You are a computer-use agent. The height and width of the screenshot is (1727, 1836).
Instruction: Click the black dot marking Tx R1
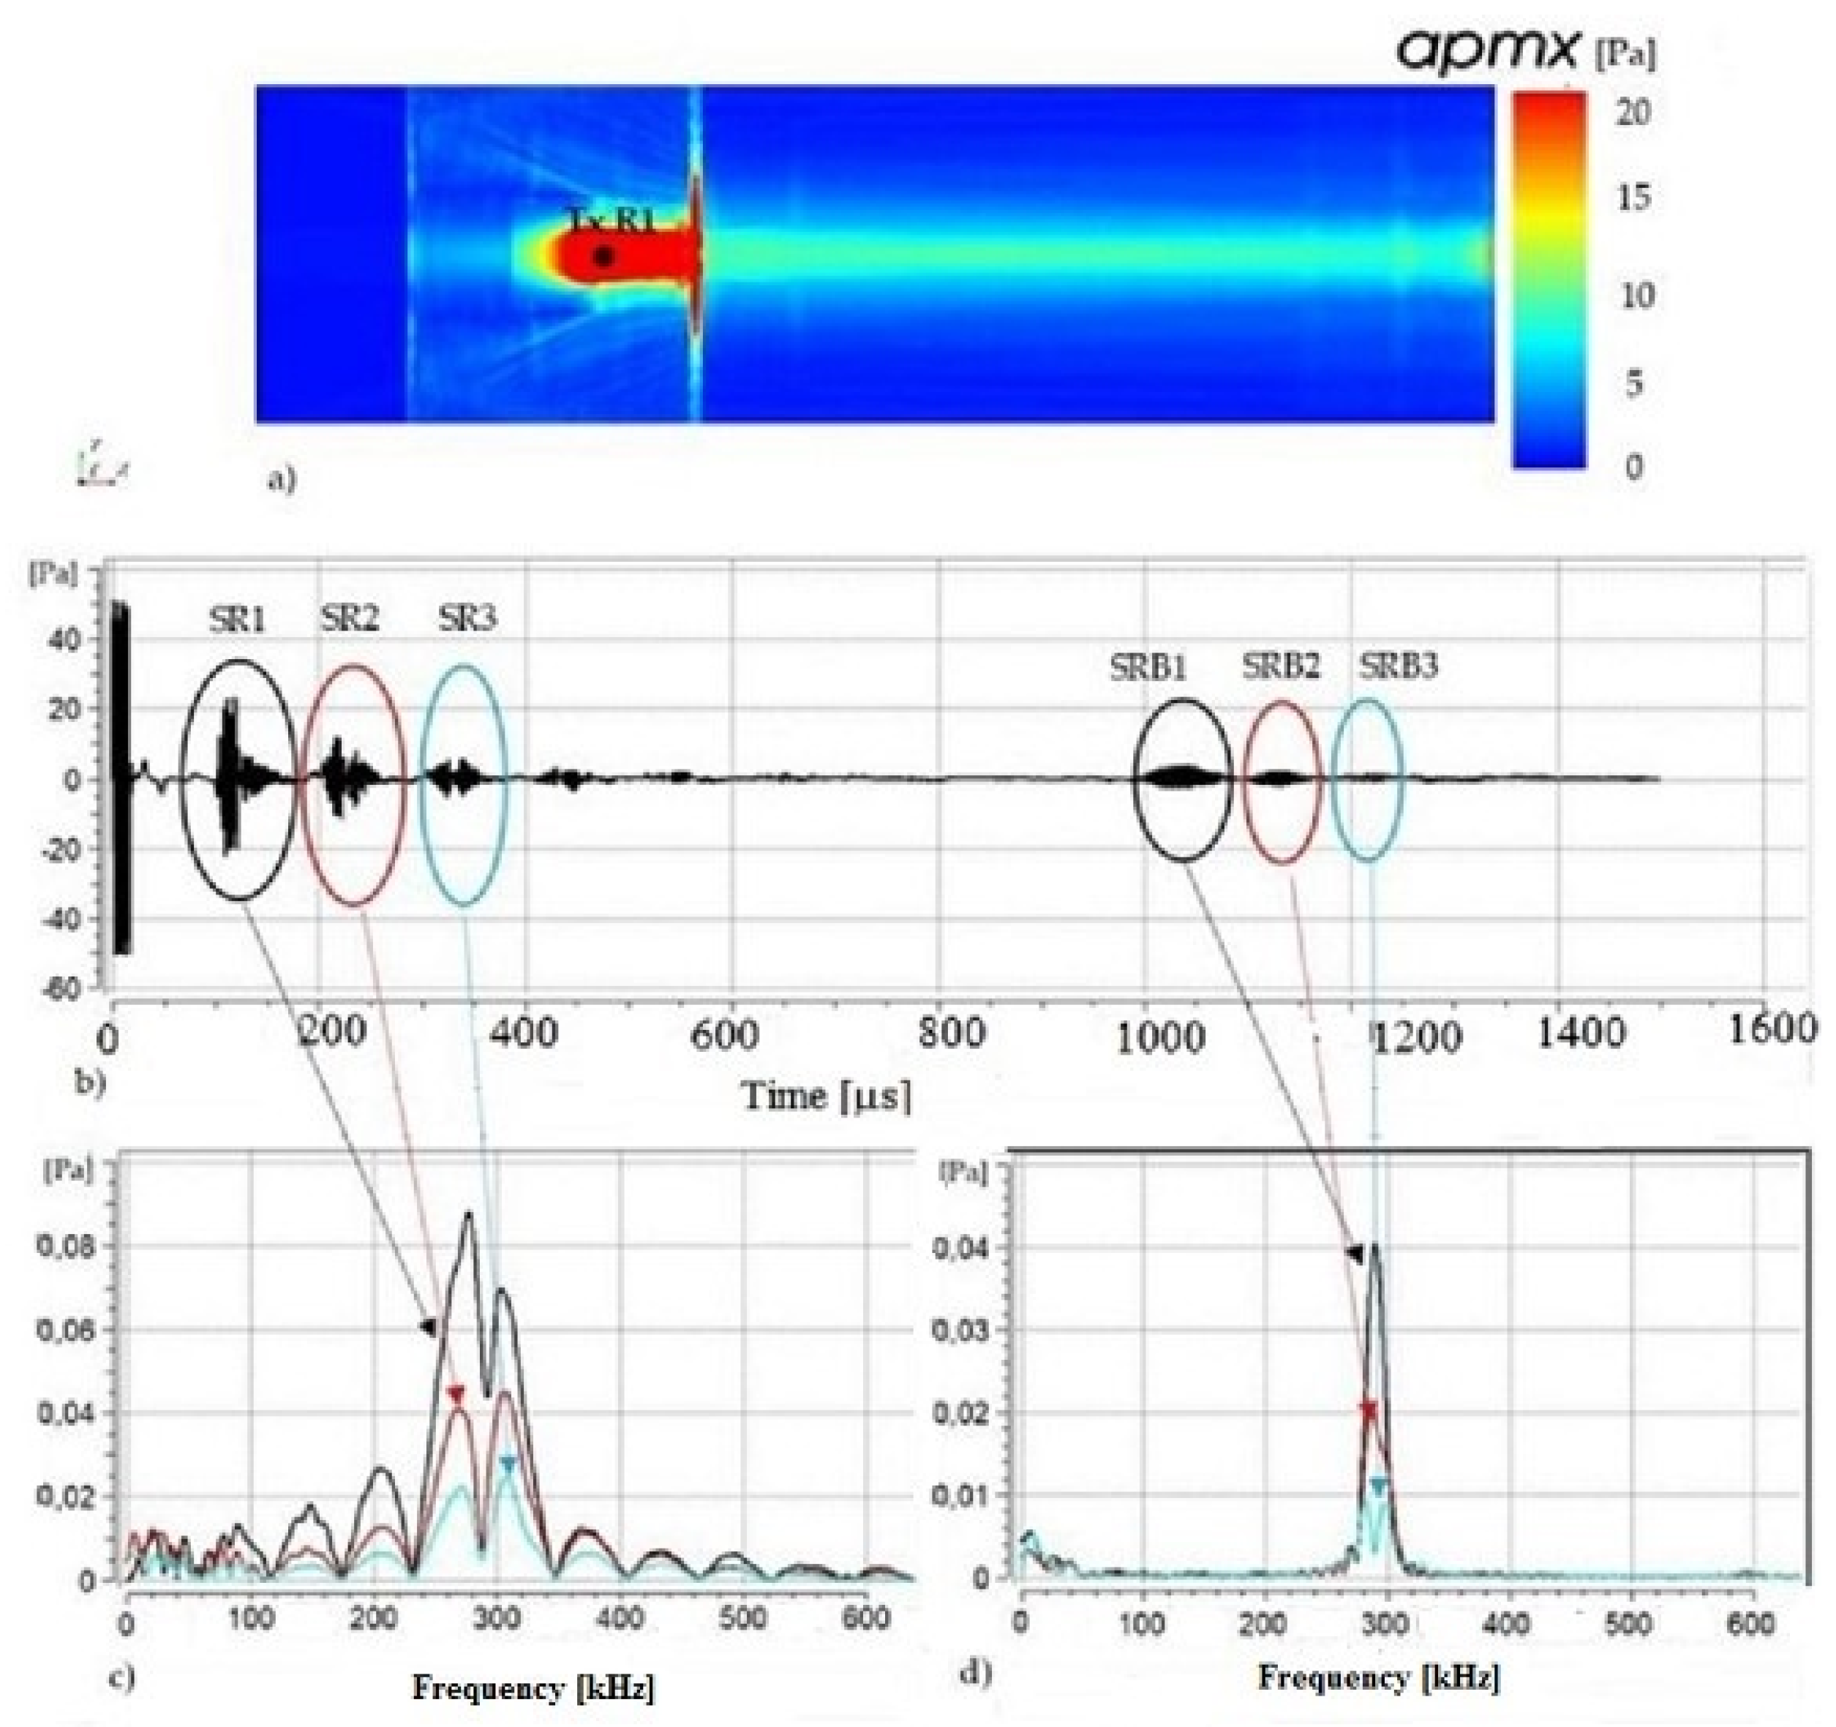(603, 256)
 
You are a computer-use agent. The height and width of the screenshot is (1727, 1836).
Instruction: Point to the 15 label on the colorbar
(1633, 197)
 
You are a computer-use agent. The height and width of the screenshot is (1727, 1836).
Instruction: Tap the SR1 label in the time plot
(236, 620)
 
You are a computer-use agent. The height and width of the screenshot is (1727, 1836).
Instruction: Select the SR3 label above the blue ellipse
(467, 618)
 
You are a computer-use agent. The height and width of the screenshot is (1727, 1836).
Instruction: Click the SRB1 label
(1148, 668)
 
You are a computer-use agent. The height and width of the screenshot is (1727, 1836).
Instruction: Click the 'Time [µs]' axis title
(826, 1097)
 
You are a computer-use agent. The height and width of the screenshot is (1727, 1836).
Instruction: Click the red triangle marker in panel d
(1369, 1411)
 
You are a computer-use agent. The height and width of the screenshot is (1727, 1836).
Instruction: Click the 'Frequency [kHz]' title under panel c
(533, 1688)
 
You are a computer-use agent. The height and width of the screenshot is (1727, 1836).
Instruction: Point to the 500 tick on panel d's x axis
(1628, 1625)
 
